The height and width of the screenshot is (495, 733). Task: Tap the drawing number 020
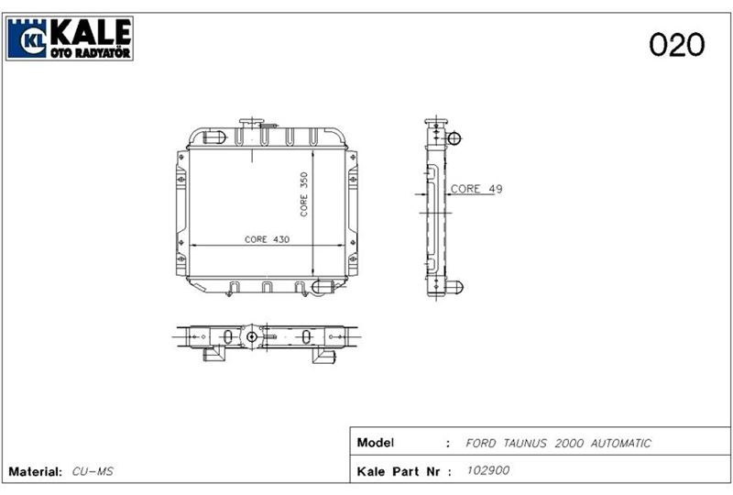click(x=676, y=44)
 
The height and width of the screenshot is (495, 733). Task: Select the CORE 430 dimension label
click(x=267, y=239)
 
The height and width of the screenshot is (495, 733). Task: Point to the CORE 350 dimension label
click(x=304, y=194)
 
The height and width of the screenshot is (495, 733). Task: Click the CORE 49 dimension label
click(x=476, y=189)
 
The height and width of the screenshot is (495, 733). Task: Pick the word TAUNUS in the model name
click(x=524, y=443)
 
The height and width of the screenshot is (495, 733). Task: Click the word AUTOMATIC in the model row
click(x=621, y=443)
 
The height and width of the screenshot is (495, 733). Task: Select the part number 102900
click(x=488, y=470)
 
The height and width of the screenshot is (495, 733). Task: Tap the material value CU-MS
click(x=93, y=471)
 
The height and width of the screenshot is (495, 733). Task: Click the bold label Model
click(x=376, y=443)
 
